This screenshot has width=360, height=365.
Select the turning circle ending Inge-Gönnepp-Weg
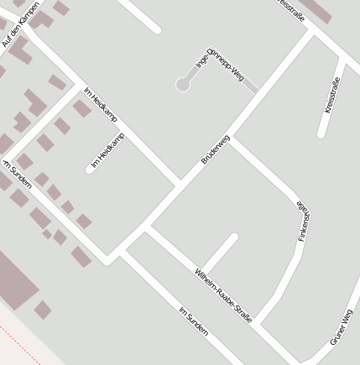(x=182, y=85)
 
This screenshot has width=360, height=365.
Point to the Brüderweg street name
(x=216, y=149)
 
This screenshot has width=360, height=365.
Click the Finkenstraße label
(x=303, y=222)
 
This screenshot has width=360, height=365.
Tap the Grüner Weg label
(x=342, y=326)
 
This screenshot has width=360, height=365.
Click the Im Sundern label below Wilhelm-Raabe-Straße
(x=194, y=322)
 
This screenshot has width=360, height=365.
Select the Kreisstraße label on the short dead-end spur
(x=331, y=95)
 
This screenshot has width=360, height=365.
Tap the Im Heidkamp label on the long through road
(x=100, y=104)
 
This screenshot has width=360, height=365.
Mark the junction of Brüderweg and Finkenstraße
(x=232, y=138)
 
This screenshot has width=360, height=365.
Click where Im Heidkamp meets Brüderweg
(x=180, y=182)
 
